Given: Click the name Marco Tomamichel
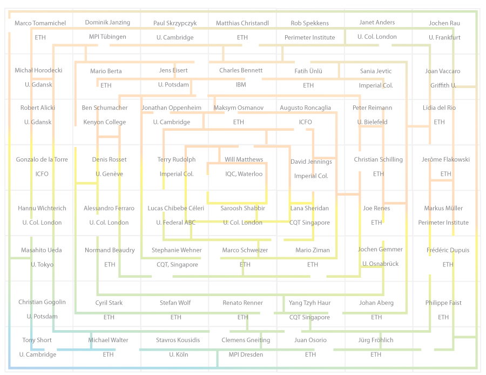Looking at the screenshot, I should click(x=40, y=23).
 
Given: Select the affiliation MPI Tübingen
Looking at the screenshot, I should click(x=107, y=37).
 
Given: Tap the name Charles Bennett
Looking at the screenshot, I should click(x=241, y=70).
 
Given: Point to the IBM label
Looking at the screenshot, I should click(x=241, y=84).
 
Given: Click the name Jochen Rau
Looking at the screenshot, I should click(x=444, y=23).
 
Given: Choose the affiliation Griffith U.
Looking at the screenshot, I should click(x=443, y=85).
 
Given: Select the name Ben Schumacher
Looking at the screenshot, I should click(x=105, y=108).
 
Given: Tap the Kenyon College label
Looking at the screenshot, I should click(x=105, y=122).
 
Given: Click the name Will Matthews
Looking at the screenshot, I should click(x=244, y=159).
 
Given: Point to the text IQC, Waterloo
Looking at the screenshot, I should click(x=244, y=174).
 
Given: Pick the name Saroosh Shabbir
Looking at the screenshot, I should click(x=242, y=208).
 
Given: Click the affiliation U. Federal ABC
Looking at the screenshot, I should click(x=175, y=223).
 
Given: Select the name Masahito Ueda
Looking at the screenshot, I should click(x=41, y=250).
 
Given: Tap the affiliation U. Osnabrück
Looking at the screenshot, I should click(x=380, y=264).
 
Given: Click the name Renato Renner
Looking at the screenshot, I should click(x=242, y=303).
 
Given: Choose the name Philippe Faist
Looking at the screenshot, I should click(x=443, y=303).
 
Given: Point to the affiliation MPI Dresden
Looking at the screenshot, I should click(x=246, y=354).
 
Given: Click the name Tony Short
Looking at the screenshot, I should click(x=37, y=340).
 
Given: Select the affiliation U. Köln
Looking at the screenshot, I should click(x=178, y=354).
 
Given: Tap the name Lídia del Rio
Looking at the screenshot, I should click(x=439, y=108).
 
